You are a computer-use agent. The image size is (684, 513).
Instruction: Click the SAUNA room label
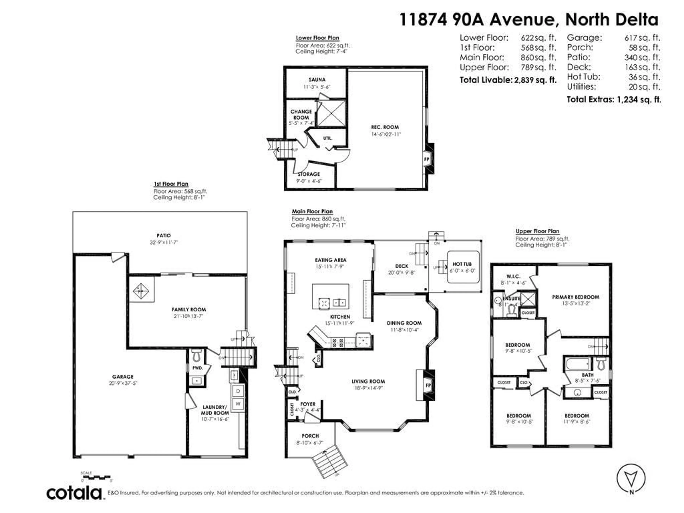(x=317, y=80)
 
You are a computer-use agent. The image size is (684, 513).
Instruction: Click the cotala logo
(x=74, y=493)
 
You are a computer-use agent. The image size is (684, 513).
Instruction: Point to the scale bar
(x=97, y=477)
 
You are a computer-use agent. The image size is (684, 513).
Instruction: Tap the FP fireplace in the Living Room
(x=428, y=385)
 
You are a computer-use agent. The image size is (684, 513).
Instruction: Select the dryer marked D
(x=238, y=391)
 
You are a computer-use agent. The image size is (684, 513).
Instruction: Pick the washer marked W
(x=238, y=403)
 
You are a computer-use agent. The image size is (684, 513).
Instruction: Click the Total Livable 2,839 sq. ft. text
(x=508, y=80)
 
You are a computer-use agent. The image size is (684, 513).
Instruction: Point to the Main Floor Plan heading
(x=312, y=211)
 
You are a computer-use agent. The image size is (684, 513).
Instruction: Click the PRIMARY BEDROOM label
(x=576, y=297)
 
